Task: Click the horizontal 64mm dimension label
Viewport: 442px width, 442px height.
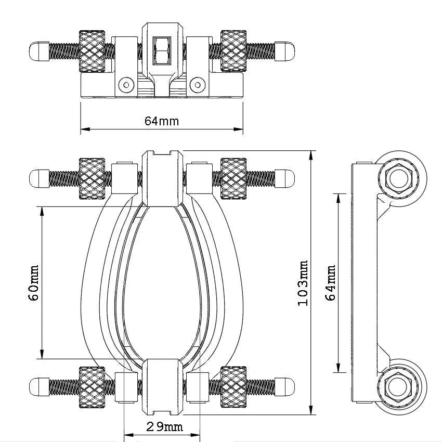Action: (x=161, y=121)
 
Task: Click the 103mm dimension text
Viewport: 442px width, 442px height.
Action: (x=304, y=283)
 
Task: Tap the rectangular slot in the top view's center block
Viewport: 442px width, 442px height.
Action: (x=161, y=50)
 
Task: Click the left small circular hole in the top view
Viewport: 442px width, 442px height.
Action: (x=125, y=84)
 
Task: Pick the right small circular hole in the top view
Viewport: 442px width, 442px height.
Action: (x=197, y=84)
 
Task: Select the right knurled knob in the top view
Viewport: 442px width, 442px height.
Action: (x=233, y=50)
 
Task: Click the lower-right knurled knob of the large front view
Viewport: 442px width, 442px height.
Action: (x=233, y=387)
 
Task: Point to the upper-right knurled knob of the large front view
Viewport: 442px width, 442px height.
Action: (x=233, y=178)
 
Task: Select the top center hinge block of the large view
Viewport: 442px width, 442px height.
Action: (x=162, y=178)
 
